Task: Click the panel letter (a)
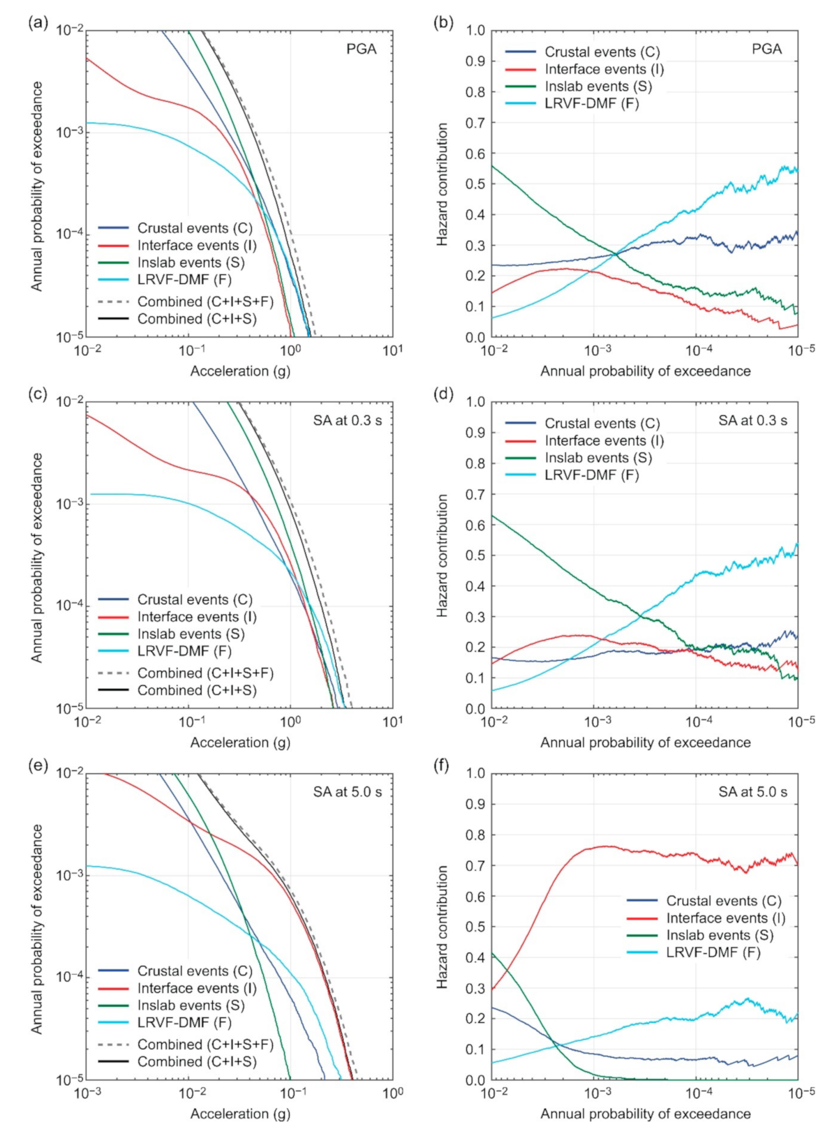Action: tap(38, 22)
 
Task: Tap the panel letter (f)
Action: tap(442, 765)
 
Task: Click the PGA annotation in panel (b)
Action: tap(766, 49)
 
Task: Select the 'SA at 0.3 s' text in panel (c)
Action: tap(348, 421)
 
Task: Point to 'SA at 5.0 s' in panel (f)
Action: tap(752, 792)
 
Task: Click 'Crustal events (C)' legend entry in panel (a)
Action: tap(195, 228)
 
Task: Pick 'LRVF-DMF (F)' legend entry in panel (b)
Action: tap(592, 103)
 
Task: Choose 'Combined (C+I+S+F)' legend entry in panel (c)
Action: tap(205, 673)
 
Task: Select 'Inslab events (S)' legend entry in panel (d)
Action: tap(598, 458)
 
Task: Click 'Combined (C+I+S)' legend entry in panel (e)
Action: tap(197, 1061)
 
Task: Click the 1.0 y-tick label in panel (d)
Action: tap(475, 402)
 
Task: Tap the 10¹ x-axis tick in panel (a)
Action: tap(392, 350)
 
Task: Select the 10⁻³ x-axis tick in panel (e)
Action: tap(87, 1093)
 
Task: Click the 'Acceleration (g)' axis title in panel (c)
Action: tap(240, 742)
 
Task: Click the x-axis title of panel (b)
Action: tap(645, 371)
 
